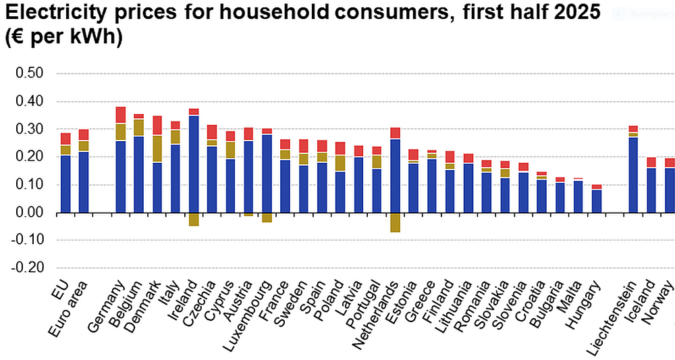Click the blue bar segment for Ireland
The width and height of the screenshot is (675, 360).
point(194,164)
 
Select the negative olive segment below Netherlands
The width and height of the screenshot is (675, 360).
point(395,222)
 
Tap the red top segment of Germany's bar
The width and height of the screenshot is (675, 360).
point(121,115)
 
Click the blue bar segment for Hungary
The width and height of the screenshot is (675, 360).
point(596,201)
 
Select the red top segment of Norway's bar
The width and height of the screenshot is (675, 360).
point(669,163)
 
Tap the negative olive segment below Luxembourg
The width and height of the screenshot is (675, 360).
point(267,217)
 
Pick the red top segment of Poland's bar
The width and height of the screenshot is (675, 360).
point(340,149)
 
